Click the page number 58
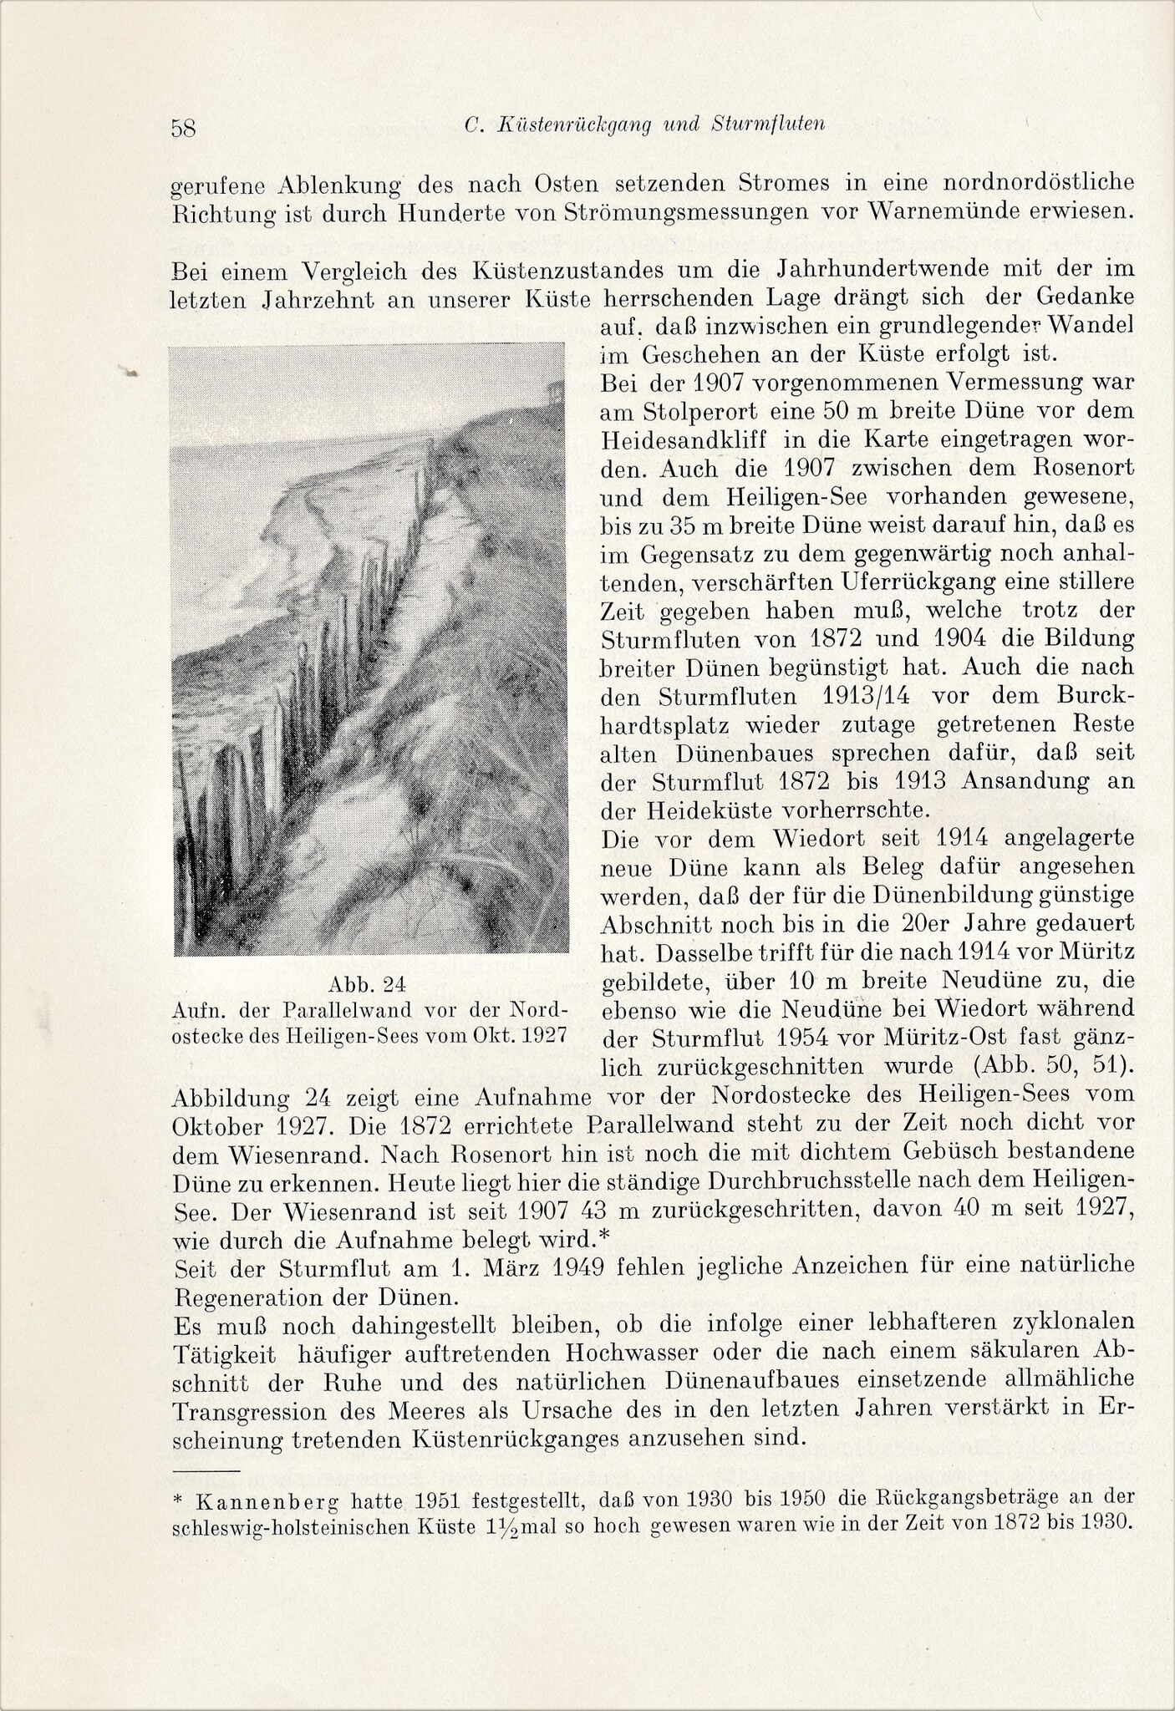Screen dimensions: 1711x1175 coord(183,128)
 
